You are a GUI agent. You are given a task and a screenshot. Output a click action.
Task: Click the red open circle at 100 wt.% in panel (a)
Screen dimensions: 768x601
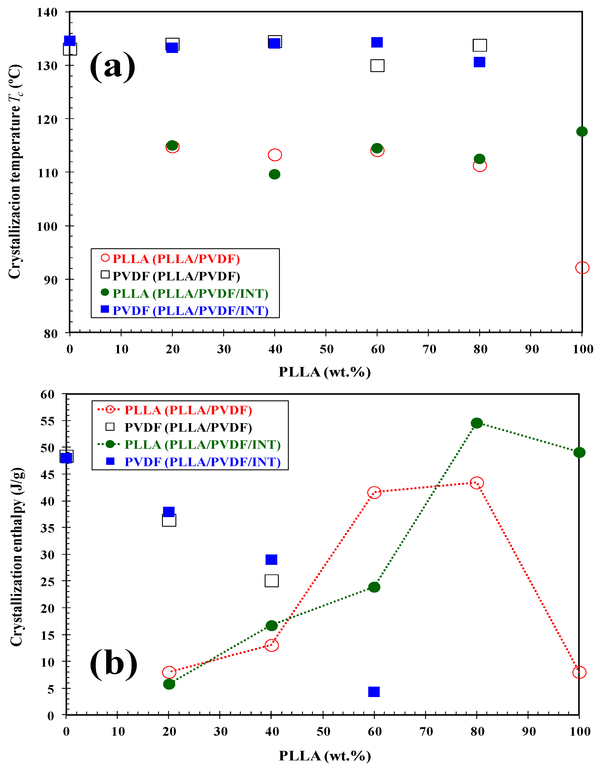[x=582, y=268]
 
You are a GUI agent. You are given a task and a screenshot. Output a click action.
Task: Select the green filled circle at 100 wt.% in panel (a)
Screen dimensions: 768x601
[x=582, y=131]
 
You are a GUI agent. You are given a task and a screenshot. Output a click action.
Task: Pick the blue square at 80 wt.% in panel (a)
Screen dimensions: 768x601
[x=479, y=62]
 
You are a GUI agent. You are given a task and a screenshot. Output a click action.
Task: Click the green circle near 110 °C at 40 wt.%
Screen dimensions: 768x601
[x=274, y=174]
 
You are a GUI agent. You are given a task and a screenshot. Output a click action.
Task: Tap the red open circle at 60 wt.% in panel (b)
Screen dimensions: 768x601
[x=374, y=493]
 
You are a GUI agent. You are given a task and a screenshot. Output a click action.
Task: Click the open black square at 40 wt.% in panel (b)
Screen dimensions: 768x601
[x=271, y=581]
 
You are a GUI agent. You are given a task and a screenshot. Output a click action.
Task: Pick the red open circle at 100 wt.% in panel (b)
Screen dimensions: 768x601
[x=579, y=672]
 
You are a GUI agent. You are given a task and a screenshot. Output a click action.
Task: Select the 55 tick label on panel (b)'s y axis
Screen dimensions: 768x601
[x=48, y=421]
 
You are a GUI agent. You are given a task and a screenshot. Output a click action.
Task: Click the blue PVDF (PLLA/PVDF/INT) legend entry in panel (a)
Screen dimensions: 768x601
[x=190, y=311]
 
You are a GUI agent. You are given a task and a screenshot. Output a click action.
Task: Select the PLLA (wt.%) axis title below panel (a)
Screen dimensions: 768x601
[x=324, y=372]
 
